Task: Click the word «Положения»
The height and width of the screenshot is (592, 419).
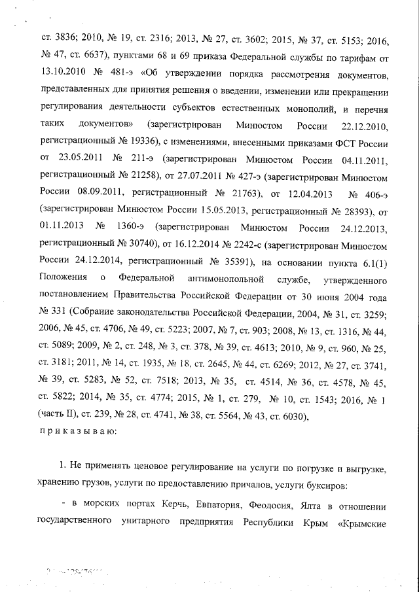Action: tap(62, 280)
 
